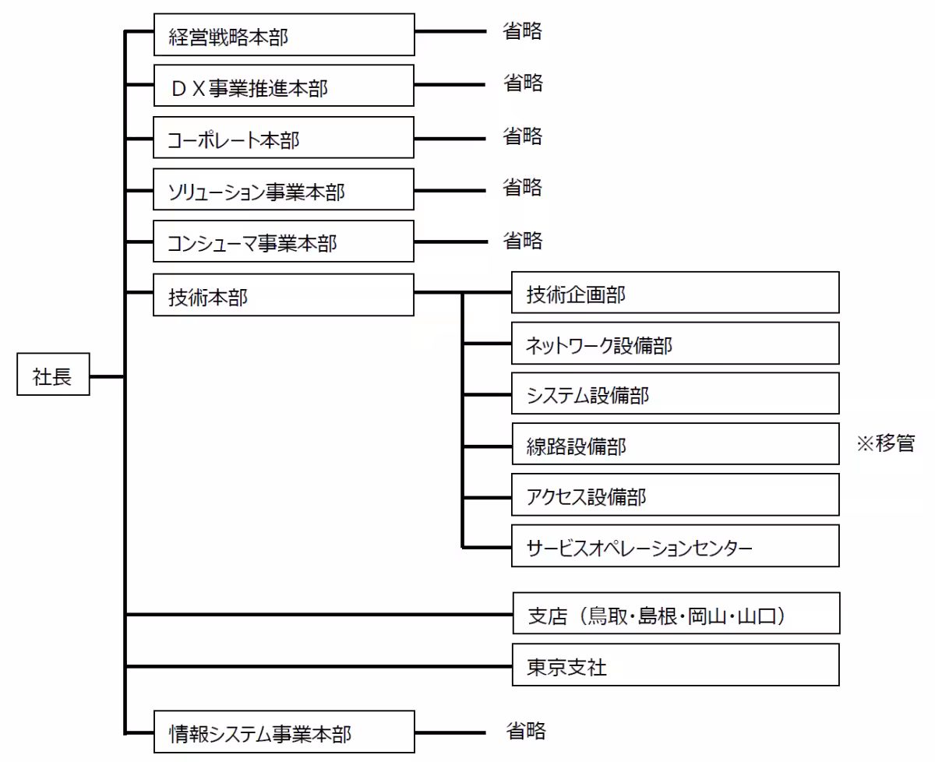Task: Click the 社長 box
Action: pyautogui.click(x=53, y=377)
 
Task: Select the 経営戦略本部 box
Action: pyautogui.click(x=284, y=36)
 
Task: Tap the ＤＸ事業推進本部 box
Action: pyautogui.click(x=284, y=86)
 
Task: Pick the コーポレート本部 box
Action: pyautogui.click(x=284, y=138)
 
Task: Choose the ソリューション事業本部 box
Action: pyautogui.click(x=284, y=190)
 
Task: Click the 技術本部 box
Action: pyautogui.click(x=284, y=294)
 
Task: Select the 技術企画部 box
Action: pyautogui.click(x=675, y=293)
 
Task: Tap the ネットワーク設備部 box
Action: pyautogui.click(x=675, y=344)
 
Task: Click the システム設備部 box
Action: pyautogui.click(x=675, y=394)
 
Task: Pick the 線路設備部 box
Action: pyautogui.click(x=675, y=446)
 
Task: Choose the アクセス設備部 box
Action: pyautogui.click(x=675, y=496)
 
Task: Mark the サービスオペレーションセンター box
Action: pyautogui.click(x=675, y=546)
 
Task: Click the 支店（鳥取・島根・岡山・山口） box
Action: pyautogui.click(x=675, y=614)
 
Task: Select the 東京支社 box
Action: pyautogui.click(x=675, y=665)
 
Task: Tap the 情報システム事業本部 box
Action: pyautogui.click(x=284, y=732)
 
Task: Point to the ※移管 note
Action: pyautogui.click(x=885, y=444)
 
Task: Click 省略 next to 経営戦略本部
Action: pyautogui.click(x=522, y=32)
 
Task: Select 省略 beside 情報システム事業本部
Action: pyautogui.click(x=526, y=731)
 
